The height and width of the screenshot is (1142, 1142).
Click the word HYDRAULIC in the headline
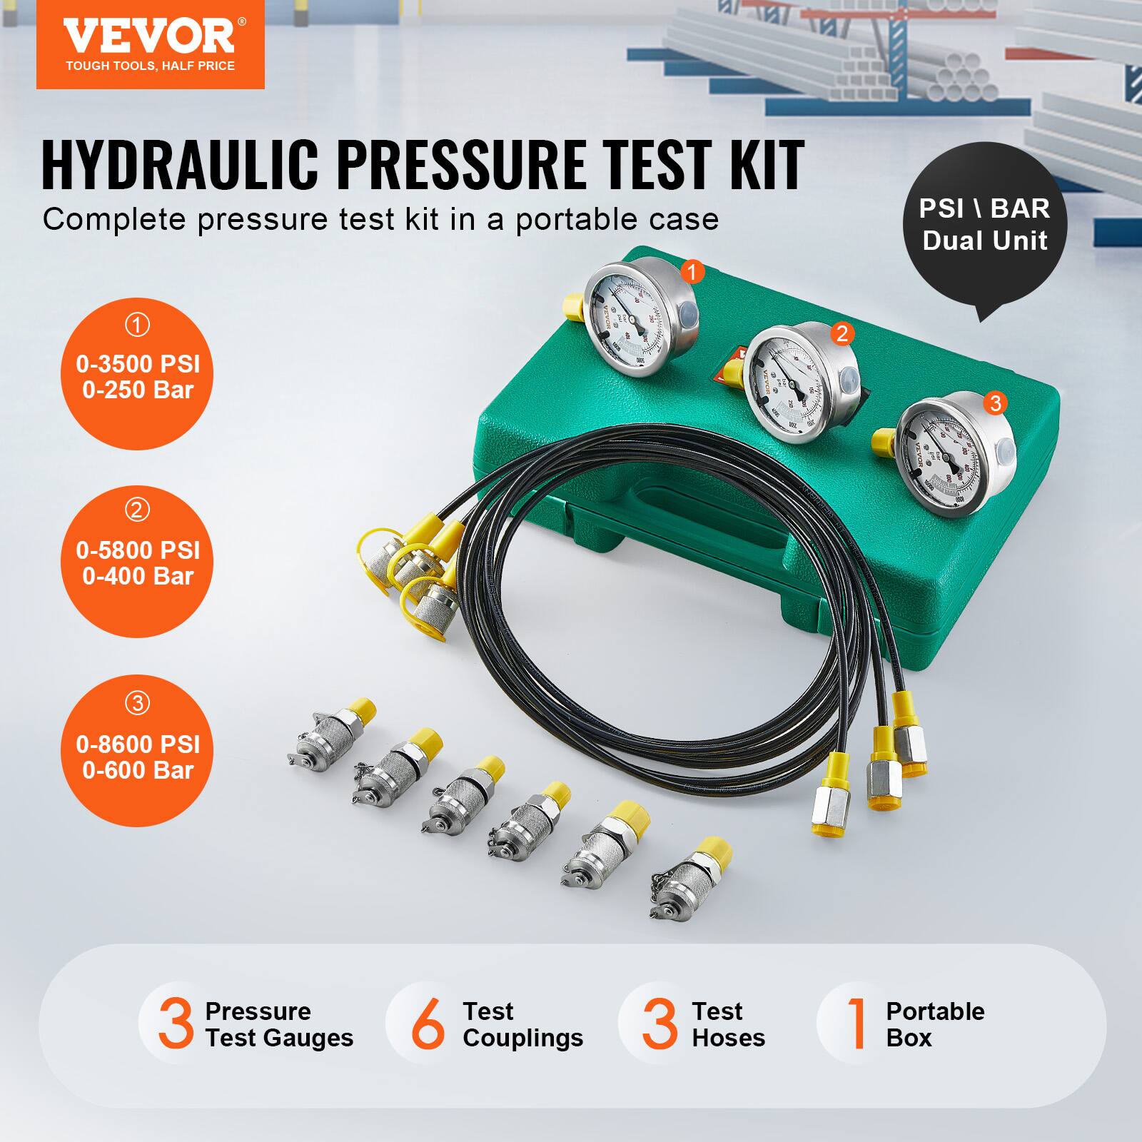pos(179,166)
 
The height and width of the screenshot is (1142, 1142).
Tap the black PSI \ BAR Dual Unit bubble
pos(984,225)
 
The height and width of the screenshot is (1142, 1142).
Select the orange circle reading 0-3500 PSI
pos(137,374)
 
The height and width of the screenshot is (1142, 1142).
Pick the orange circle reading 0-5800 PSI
pos(137,562)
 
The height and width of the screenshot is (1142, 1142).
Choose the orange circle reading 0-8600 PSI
pos(137,752)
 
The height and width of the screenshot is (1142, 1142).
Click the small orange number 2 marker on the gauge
pos(842,333)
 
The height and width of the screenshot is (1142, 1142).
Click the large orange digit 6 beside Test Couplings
pos(427,1025)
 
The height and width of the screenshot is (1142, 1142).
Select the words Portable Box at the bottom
pos(934,1024)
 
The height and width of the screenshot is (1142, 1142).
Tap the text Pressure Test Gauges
pos(278,1024)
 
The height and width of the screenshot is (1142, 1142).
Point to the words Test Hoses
pos(727,1024)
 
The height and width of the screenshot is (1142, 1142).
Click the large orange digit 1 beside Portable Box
pos(856,1025)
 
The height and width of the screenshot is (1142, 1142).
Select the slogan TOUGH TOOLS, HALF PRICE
pos(150,66)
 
